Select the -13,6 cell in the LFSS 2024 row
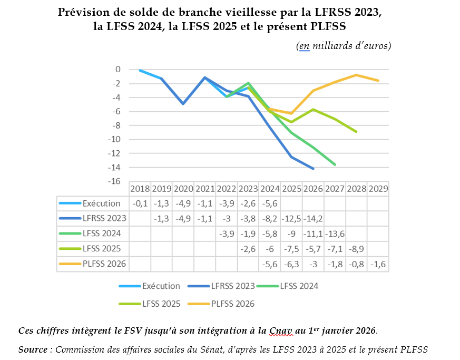point(335,234)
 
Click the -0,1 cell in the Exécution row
point(140,203)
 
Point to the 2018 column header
point(140,189)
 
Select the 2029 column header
point(378,189)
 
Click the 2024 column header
point(270,189)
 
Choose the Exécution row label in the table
point(101,203)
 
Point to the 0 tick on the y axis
point(118,70)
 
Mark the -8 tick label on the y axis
point(115,125)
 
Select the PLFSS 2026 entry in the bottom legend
point(232,304)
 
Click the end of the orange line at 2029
point(378,81)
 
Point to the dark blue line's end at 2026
point(314,169)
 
